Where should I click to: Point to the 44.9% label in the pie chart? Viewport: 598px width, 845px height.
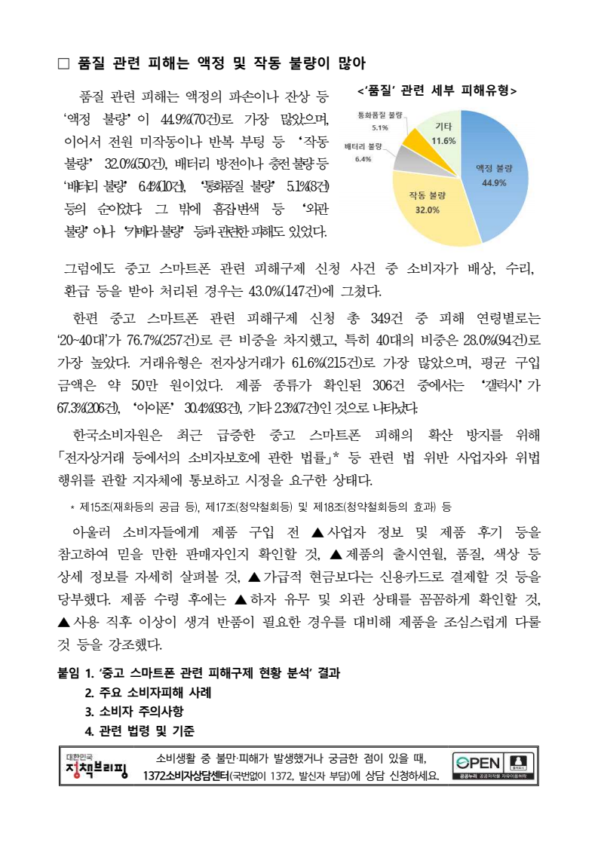coord(494,182)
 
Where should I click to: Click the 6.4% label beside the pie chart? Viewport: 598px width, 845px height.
coord(363,159)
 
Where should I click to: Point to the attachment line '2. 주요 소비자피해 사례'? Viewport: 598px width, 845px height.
coord(148,693)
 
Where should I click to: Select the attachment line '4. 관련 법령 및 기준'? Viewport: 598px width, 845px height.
coord(140,730)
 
